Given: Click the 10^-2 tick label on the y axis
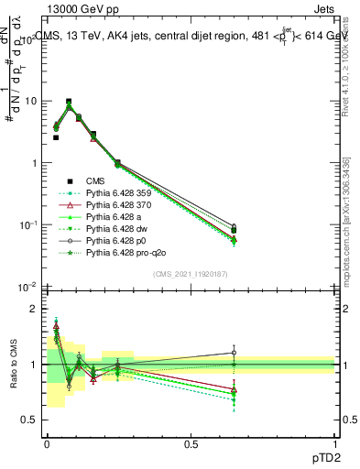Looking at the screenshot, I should click(26, 287).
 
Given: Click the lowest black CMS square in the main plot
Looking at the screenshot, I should click(234, 230).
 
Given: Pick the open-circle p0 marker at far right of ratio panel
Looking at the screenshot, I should click(234, 353).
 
